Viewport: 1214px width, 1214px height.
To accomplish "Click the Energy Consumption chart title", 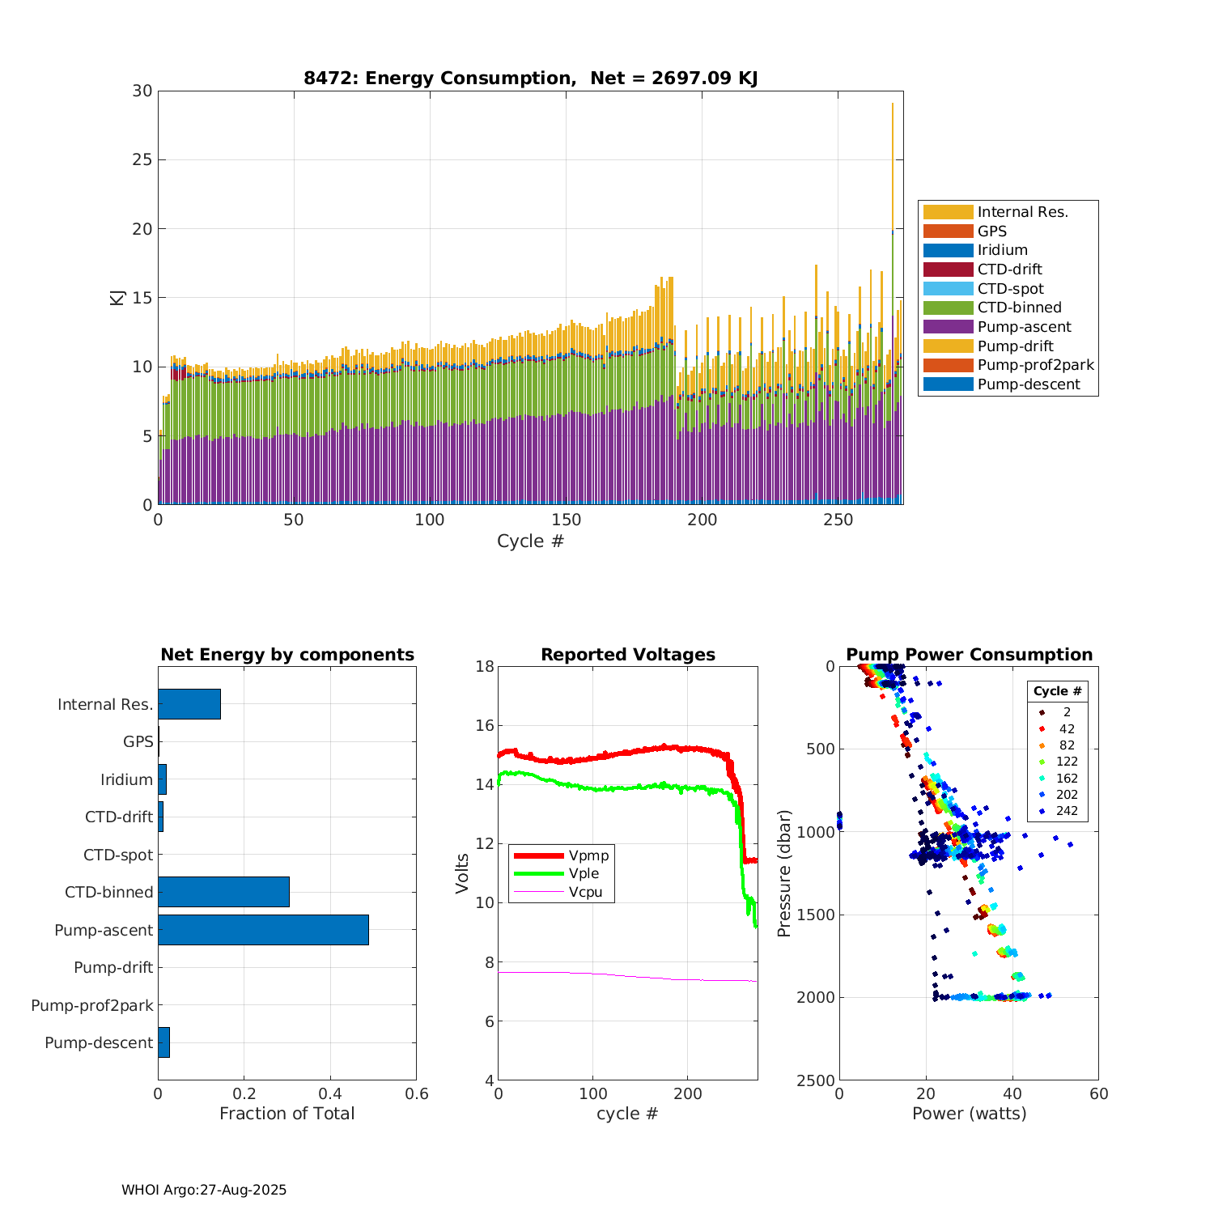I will coord(530,79).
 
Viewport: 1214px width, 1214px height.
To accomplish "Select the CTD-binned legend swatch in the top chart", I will coord(948,308).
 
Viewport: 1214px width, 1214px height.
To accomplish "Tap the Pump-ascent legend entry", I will coord(1024,327).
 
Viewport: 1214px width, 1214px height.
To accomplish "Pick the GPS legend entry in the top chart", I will coord(991,231).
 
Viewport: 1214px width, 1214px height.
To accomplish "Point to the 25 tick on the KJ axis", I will coord(142,159).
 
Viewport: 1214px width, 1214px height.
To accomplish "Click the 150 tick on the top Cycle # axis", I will coord(566,520).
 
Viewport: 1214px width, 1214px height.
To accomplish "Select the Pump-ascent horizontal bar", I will coord(263,930).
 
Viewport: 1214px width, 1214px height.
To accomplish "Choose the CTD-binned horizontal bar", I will coord(223,892).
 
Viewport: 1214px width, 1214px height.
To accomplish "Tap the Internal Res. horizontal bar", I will coord(189,704).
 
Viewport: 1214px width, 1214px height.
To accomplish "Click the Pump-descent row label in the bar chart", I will coord(99,1043).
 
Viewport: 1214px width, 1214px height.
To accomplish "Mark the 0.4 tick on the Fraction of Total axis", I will coord(330,1094).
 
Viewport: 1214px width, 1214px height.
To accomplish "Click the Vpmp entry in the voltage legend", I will coord(588,856).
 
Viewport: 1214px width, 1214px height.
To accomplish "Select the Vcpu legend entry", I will coord(585,893).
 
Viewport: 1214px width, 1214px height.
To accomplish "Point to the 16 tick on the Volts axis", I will coord(484,726).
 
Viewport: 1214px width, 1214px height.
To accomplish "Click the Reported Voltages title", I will coord(628,655).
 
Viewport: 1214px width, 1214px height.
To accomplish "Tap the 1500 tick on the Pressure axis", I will coord(817,915).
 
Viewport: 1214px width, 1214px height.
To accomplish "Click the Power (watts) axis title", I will coord(969,1114).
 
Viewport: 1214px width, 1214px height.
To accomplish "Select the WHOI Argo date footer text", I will coord(204,1190).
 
